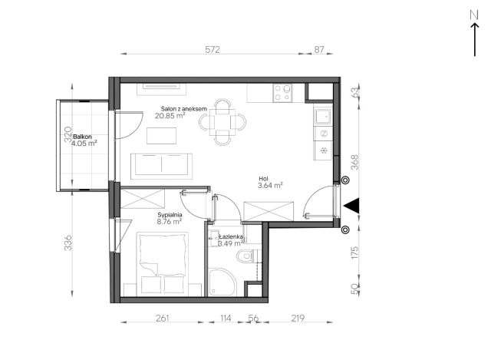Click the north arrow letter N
click(x=474, y=15)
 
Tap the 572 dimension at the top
click(x=213, y=49)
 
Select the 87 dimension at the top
click(x=319, y=49)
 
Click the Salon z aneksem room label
click(x=184, y=109)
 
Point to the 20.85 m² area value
click(x=170, y=116)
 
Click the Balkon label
click(x=82, y=137)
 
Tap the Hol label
click(x=263, y=179)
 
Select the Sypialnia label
click(x=170, y=215)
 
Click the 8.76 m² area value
click(x=170, y=222)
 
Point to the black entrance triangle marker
click(x=353, y=206)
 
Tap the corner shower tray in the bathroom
click(x=222, y=282)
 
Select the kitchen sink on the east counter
click(x=322, y=117)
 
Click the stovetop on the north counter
click(x=282, y=93)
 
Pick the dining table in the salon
click(x=222, y=122)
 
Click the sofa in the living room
click(x=162, y=166)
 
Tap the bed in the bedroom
click(x=163, y=264)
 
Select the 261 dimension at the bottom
click(x=163, y=319)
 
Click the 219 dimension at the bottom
click(x=298, y=319)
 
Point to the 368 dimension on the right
click(x=354, y=162)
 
